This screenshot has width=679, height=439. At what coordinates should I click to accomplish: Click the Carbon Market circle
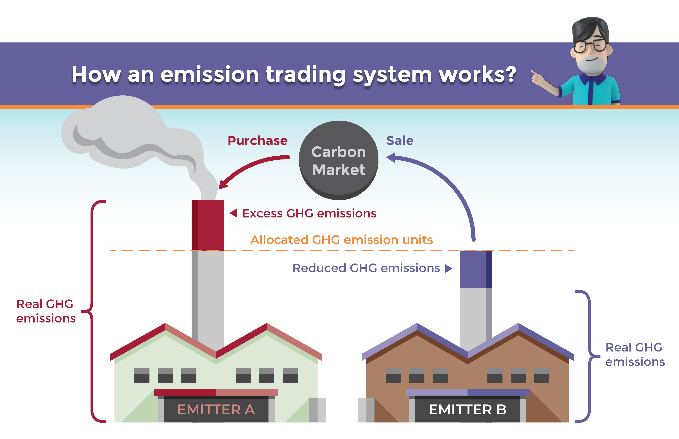coord(338,160)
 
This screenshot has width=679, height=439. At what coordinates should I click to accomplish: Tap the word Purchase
coord(258,141)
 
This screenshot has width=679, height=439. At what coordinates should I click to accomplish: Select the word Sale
coord(400,141)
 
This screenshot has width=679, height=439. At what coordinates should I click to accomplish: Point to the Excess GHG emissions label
coord(309,213)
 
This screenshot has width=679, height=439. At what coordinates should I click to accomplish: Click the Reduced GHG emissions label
coord(366,268)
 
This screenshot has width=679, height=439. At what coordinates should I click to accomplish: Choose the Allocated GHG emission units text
coord(342,240)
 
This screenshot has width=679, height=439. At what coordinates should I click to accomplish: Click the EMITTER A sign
coord(216,409)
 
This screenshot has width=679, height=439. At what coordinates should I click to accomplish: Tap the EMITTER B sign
coord(468,409)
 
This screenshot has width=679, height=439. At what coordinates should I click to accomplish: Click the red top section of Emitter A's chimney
coord(208,225)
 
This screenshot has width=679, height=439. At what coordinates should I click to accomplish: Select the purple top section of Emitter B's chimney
coord(476,269)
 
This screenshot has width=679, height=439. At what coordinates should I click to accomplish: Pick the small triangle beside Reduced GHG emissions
coord(449,269)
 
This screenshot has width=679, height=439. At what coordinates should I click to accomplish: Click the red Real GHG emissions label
coord(46,311)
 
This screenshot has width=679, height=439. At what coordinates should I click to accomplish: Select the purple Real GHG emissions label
coord(635,354)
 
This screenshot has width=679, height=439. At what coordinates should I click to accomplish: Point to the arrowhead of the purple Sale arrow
coord(391,157)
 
